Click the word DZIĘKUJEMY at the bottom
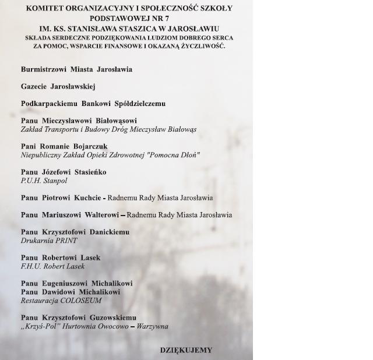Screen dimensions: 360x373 click(x=186, y=350)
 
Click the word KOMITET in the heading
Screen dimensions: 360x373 click(x=45, y=8)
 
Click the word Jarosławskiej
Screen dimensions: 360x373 click(x=73, y=86)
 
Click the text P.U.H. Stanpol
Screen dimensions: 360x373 click(x=44, y=181)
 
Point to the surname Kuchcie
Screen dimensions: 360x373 click(x=87, y=197)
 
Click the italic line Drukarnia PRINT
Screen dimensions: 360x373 click(x=49, y=241)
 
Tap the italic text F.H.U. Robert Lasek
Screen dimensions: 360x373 click(x=52, y=266)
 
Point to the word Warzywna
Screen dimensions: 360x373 click(x=152, y=326)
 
